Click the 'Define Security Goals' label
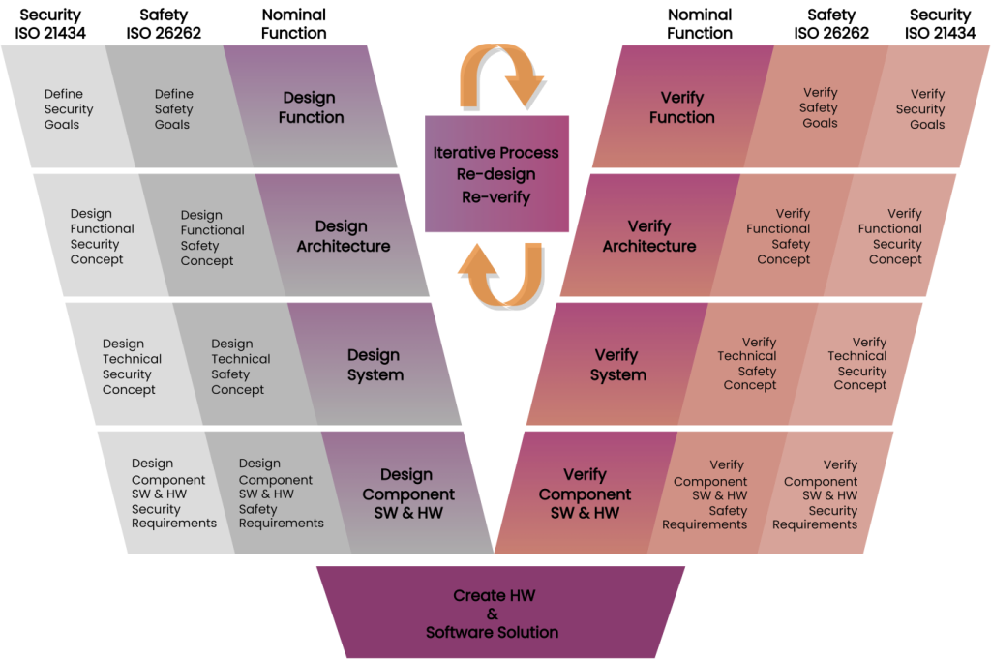[x=63, y=109]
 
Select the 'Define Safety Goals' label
[x=173, y=109]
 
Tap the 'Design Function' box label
[x=311, y=107]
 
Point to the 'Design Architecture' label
[x=343, y=236]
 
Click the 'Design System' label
[x=375, y=365]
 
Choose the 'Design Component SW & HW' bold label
[x=407, y=494]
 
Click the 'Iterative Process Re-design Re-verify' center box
[x=496, y=174]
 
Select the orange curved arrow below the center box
[x=498, y=274]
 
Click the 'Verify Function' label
[x=681, y=107]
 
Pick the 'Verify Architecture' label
[x=648, y=236]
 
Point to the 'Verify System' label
[x=617, y=365]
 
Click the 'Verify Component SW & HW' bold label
[x=585, y=494]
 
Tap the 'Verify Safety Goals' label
[x=820, y=108]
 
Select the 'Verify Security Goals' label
[x=926, y=108]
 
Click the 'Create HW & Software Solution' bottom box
[x=493, y=614]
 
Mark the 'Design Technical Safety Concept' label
[x=238, y=367]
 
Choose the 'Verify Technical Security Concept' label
[x=860, y=363]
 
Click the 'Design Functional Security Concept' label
[x=101, y=236]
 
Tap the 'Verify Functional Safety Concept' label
[x=783, y=236]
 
